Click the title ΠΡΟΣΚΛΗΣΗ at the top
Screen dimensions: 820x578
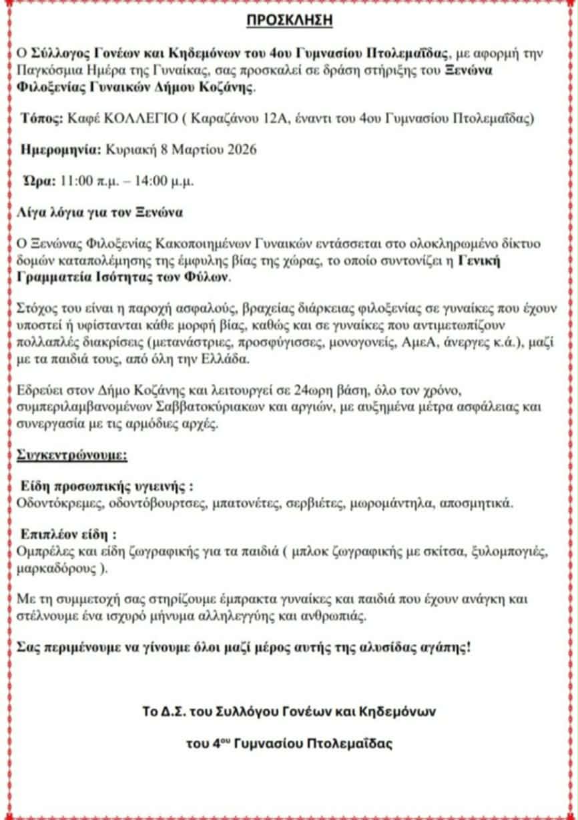289,21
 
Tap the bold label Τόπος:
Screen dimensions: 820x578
40,119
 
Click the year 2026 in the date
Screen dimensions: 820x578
242,149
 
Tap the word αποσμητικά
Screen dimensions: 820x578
477,503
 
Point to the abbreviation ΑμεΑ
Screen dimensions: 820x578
407,343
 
